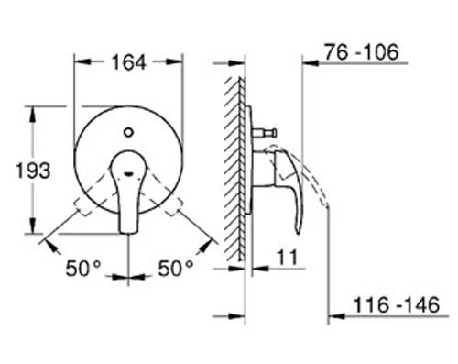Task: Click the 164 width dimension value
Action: point(127,62)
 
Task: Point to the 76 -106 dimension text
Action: point(364,54)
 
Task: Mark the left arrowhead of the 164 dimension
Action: point(80,62)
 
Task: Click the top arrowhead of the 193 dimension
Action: point(36,111)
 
